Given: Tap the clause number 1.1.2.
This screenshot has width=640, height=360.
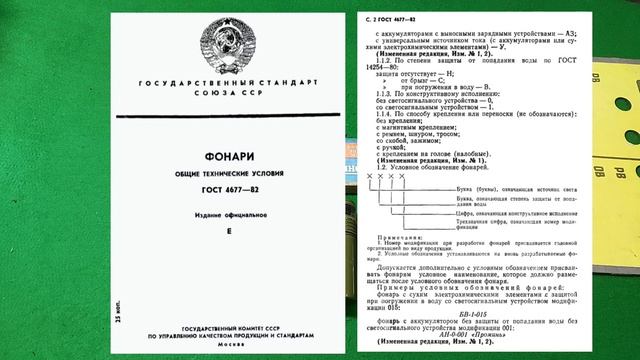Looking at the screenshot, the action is [x=381, y=59].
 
